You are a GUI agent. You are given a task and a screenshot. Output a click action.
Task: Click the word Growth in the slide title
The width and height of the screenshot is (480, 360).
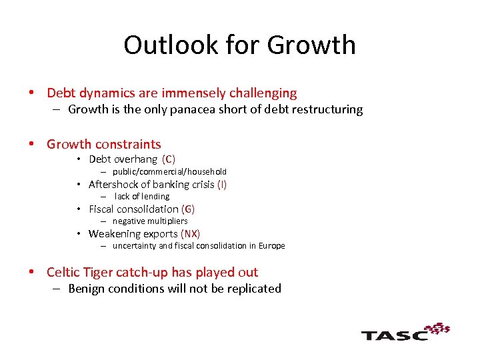point(311,45)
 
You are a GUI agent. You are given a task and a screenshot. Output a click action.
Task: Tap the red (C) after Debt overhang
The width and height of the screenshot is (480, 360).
point(169,159)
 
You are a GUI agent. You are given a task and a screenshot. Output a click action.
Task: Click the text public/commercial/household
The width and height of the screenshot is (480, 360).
point(169,171)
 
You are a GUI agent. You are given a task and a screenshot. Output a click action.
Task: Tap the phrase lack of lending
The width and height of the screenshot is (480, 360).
point(141,196)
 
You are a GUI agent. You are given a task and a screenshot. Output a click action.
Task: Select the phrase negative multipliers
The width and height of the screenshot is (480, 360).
point(150,221)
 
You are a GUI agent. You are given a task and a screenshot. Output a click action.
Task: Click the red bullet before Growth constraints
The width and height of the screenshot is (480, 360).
point(31,145)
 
